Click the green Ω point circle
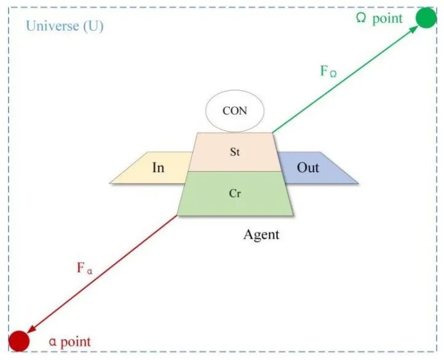click(426, 18)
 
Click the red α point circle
click(19, 340)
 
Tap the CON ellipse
click(234, 112)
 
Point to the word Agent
click(261, 234)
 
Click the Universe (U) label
click(64, 27)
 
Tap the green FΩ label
click(328, 71)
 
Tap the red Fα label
click(85, 268)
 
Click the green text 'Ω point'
click(379, 18)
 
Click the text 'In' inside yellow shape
click(158, 167)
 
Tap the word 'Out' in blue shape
click(308, 167)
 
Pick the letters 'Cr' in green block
click(234, 193)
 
